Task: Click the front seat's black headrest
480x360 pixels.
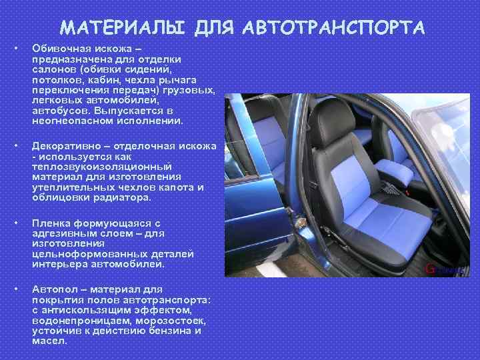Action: (x=333, y=121)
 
